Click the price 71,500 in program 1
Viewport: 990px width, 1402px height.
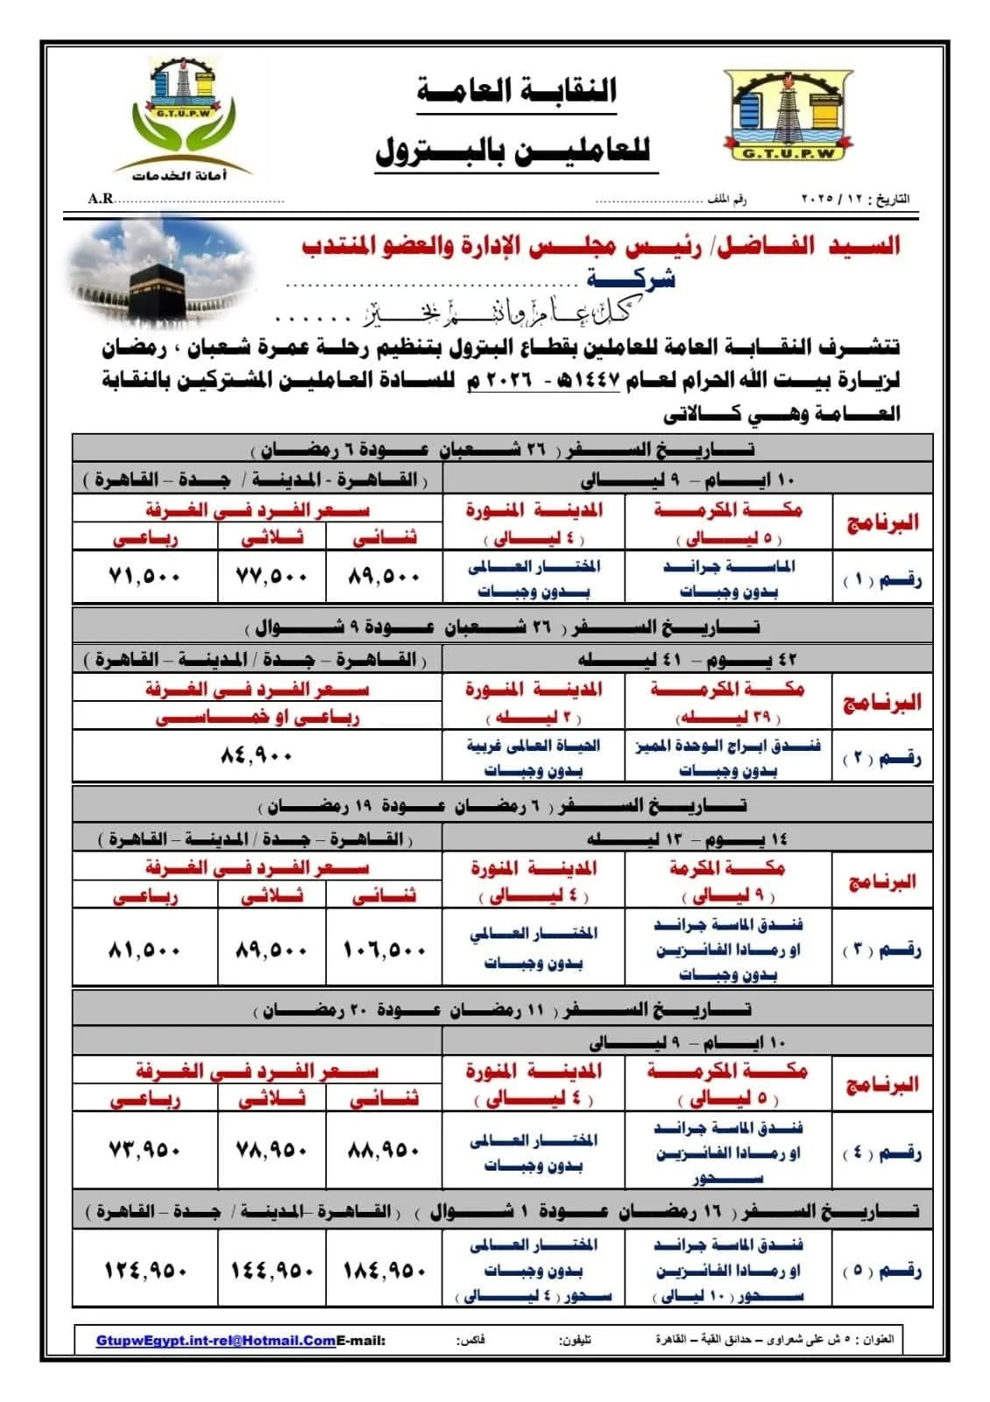(x=145, y=577)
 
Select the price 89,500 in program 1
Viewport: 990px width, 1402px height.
(x=385, y=577)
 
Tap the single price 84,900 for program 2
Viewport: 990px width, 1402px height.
(x=256, y=755)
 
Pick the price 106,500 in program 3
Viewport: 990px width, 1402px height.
(x=385, y=950)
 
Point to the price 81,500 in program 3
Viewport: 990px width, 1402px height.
(x=145, y=950)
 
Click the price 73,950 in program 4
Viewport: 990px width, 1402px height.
(x=145, y=1150)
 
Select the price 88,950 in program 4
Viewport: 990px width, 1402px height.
(x=384, y=1150)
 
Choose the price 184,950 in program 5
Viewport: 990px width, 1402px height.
(x=384, y=1270)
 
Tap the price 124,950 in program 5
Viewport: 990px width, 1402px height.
(x=145, y=1270)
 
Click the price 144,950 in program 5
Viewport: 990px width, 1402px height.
(x=272, y=1270)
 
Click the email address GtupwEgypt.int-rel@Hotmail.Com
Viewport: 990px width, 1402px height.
(x=216, y=1341)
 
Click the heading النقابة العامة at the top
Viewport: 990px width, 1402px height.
(x=517, y=91)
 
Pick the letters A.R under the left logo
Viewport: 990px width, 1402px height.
(x=100, y=199)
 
